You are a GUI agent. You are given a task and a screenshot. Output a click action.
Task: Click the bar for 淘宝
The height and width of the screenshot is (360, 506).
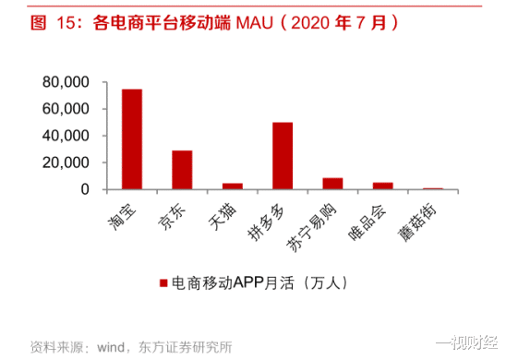click(x=132, y=139)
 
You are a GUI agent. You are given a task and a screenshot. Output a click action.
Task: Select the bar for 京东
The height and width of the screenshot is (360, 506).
click(x=182, y=170)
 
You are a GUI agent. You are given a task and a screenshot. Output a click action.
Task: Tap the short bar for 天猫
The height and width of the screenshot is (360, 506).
click(x=232, y=186)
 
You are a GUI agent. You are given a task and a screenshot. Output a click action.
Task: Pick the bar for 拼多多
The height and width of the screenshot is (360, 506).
click(x=282, y=155)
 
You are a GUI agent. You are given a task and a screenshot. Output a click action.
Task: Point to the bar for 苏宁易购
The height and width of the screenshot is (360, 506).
click(x=331, y=184)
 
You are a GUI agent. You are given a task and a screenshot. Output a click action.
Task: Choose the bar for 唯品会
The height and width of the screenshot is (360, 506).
click(x=382, y=186)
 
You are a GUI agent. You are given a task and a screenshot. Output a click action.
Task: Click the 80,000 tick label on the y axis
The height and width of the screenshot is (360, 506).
click(x=64, y=82)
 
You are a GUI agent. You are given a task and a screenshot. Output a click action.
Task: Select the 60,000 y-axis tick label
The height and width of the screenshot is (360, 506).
click(x=64, y=109)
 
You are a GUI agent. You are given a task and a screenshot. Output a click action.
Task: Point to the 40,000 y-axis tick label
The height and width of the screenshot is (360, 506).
click(x=64, y=136)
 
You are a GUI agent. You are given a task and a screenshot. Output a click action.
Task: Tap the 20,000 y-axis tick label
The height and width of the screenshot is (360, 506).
click(x=64, y=162)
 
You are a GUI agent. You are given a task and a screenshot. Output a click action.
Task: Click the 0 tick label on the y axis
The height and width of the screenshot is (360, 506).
click(x=83, y=189)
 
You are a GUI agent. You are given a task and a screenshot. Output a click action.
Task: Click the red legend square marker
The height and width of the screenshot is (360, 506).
click(x=163, y=281)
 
